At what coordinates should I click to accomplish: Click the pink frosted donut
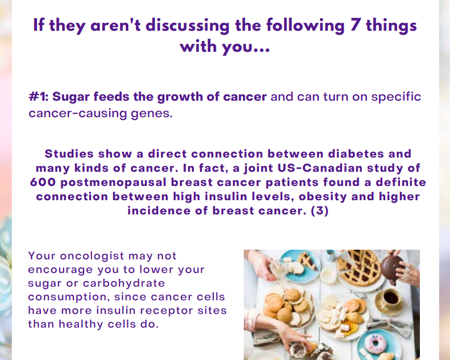point(376,344)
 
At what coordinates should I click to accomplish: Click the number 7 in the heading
point(355,25)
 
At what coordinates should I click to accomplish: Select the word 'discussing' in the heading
point(187,26)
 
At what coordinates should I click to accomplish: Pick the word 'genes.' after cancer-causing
point(152,114)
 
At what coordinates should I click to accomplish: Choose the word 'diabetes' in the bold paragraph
point(356,154)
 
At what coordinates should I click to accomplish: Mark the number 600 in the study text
point(43,182)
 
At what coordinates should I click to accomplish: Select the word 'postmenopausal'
point(114,183)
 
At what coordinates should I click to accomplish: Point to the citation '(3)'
point(320,211)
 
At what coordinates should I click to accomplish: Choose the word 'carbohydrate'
point(124,284)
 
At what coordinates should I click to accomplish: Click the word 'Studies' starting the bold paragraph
point(69,154)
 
